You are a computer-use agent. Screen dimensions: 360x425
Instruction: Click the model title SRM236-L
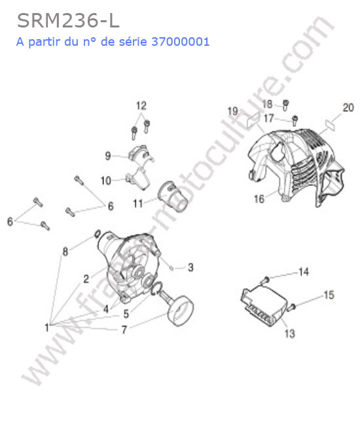coord(68,21)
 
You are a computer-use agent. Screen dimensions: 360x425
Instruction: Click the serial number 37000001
coord(181,42)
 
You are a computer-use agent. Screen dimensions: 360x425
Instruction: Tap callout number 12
coord(141,105)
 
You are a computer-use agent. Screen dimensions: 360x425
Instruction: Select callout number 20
coord(348,108)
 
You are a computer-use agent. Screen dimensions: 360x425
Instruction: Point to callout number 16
coord(259,199)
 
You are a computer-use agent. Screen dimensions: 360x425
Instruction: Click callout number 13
coord(290,333)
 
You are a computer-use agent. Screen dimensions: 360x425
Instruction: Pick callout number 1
coord(47,328)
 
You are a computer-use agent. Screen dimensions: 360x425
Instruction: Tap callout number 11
coord(138,203)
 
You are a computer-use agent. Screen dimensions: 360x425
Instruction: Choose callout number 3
coord(190,267)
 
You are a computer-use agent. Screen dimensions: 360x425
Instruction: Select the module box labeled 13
coord(263,306)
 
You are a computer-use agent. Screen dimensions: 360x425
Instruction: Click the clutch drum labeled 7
coord(180,310)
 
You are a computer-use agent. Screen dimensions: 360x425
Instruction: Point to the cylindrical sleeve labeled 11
coord(173,197)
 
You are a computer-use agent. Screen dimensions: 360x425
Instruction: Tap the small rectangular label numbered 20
coord(330,126)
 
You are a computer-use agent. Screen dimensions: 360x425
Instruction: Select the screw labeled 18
coord(285,105)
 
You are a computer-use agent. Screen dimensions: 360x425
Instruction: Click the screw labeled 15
coord(292,307)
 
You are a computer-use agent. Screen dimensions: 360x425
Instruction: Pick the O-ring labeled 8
coord(98,233)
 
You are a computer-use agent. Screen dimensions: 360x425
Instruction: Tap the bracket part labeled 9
coord(141,154)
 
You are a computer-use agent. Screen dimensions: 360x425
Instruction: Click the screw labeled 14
coord(265,279)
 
